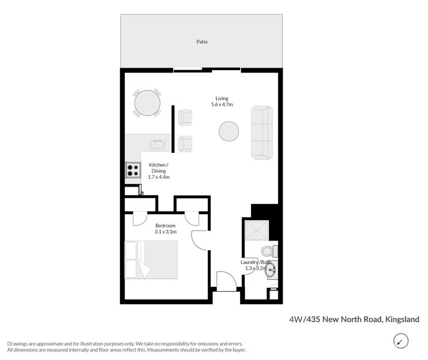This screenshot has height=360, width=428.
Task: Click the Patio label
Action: (202, 42)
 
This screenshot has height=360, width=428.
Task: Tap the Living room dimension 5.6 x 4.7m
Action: (222, 105)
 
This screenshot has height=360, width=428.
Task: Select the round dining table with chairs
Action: (147, 103)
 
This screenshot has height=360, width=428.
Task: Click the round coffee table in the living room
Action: (229, 131)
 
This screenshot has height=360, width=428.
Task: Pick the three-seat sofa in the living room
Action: (262, 132)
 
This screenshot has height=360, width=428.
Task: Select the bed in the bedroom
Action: (151, 259)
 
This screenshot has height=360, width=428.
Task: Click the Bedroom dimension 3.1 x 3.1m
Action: (164, 232)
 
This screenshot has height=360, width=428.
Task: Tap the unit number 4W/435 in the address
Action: (301, 320)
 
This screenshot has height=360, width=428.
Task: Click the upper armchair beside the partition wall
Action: (185, 117)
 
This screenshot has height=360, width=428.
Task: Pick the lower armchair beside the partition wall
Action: (185, 143)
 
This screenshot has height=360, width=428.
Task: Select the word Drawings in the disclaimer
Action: (20, 343)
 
